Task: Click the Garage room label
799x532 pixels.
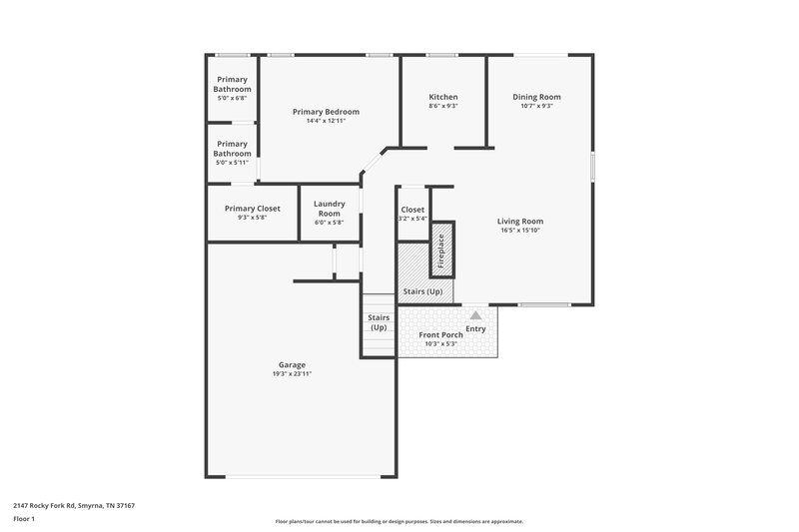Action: click(x=292, y=365)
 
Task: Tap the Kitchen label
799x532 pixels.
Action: click(x=442, y=97)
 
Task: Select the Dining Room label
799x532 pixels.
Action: click(x=536, y=97)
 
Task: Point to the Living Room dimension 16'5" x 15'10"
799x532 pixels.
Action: click(x=520, y=231)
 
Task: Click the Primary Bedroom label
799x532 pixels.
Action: click(x=326, y=112)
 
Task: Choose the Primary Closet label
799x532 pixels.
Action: click(x=252, y=209)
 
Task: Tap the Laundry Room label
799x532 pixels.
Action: click(x=329, y=209)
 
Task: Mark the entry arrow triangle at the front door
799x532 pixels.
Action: click(x=475, y=314)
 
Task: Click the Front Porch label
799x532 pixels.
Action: click(x=439, y=334)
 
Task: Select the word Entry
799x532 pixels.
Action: click(x=475, y=328)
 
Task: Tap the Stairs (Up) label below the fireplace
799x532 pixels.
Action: click(x=421, y=291)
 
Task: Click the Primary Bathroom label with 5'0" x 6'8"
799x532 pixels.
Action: click(x=233, y=85)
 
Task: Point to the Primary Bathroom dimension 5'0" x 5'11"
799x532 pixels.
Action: click(x=233, y=162)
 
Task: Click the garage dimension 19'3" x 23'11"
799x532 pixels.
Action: click(x=292, y=374)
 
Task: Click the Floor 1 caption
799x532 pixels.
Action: click(x=24, y=520)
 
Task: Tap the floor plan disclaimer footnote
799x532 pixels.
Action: click(x=399, y=521)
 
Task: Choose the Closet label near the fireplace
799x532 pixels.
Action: click(x=412, y=210)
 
